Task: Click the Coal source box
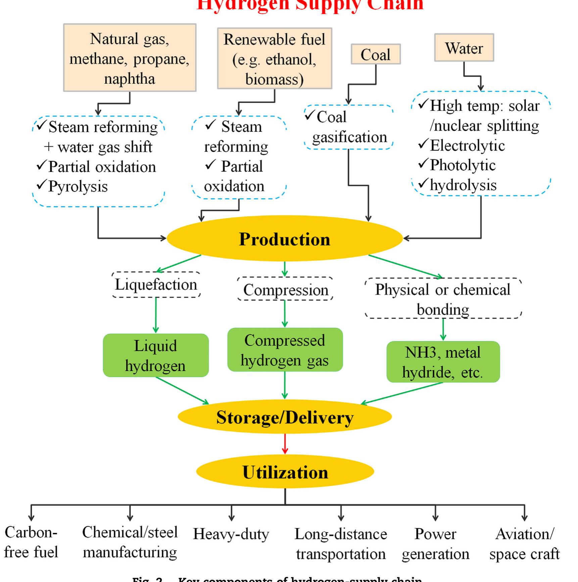point(376,54)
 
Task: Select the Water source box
point(464,48)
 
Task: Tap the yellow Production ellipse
point(285,239)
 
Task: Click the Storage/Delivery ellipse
point(285,417)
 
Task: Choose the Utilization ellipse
point(285,472)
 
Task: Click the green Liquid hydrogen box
point(155,355)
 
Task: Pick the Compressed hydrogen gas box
point(285,350)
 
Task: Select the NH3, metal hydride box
point(443,362)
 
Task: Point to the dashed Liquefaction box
point(156,285)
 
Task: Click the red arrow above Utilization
point(285,444)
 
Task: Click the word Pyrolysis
point(78,186)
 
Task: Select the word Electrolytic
point(467,145)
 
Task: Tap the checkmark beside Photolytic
point(423,164)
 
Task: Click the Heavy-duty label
point(231,534)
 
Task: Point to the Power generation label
point(435,544)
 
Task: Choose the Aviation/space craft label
point(524,544)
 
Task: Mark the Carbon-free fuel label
point(31,542)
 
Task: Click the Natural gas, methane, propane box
point(130,58)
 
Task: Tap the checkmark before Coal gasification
point(309,116)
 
